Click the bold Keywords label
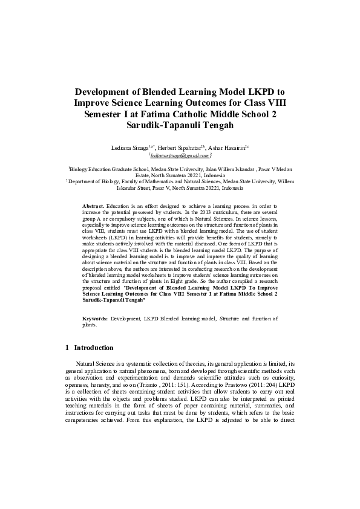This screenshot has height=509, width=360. point(95,317)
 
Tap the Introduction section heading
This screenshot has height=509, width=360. point(93,348)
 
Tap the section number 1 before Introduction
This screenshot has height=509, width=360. point(66,348)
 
